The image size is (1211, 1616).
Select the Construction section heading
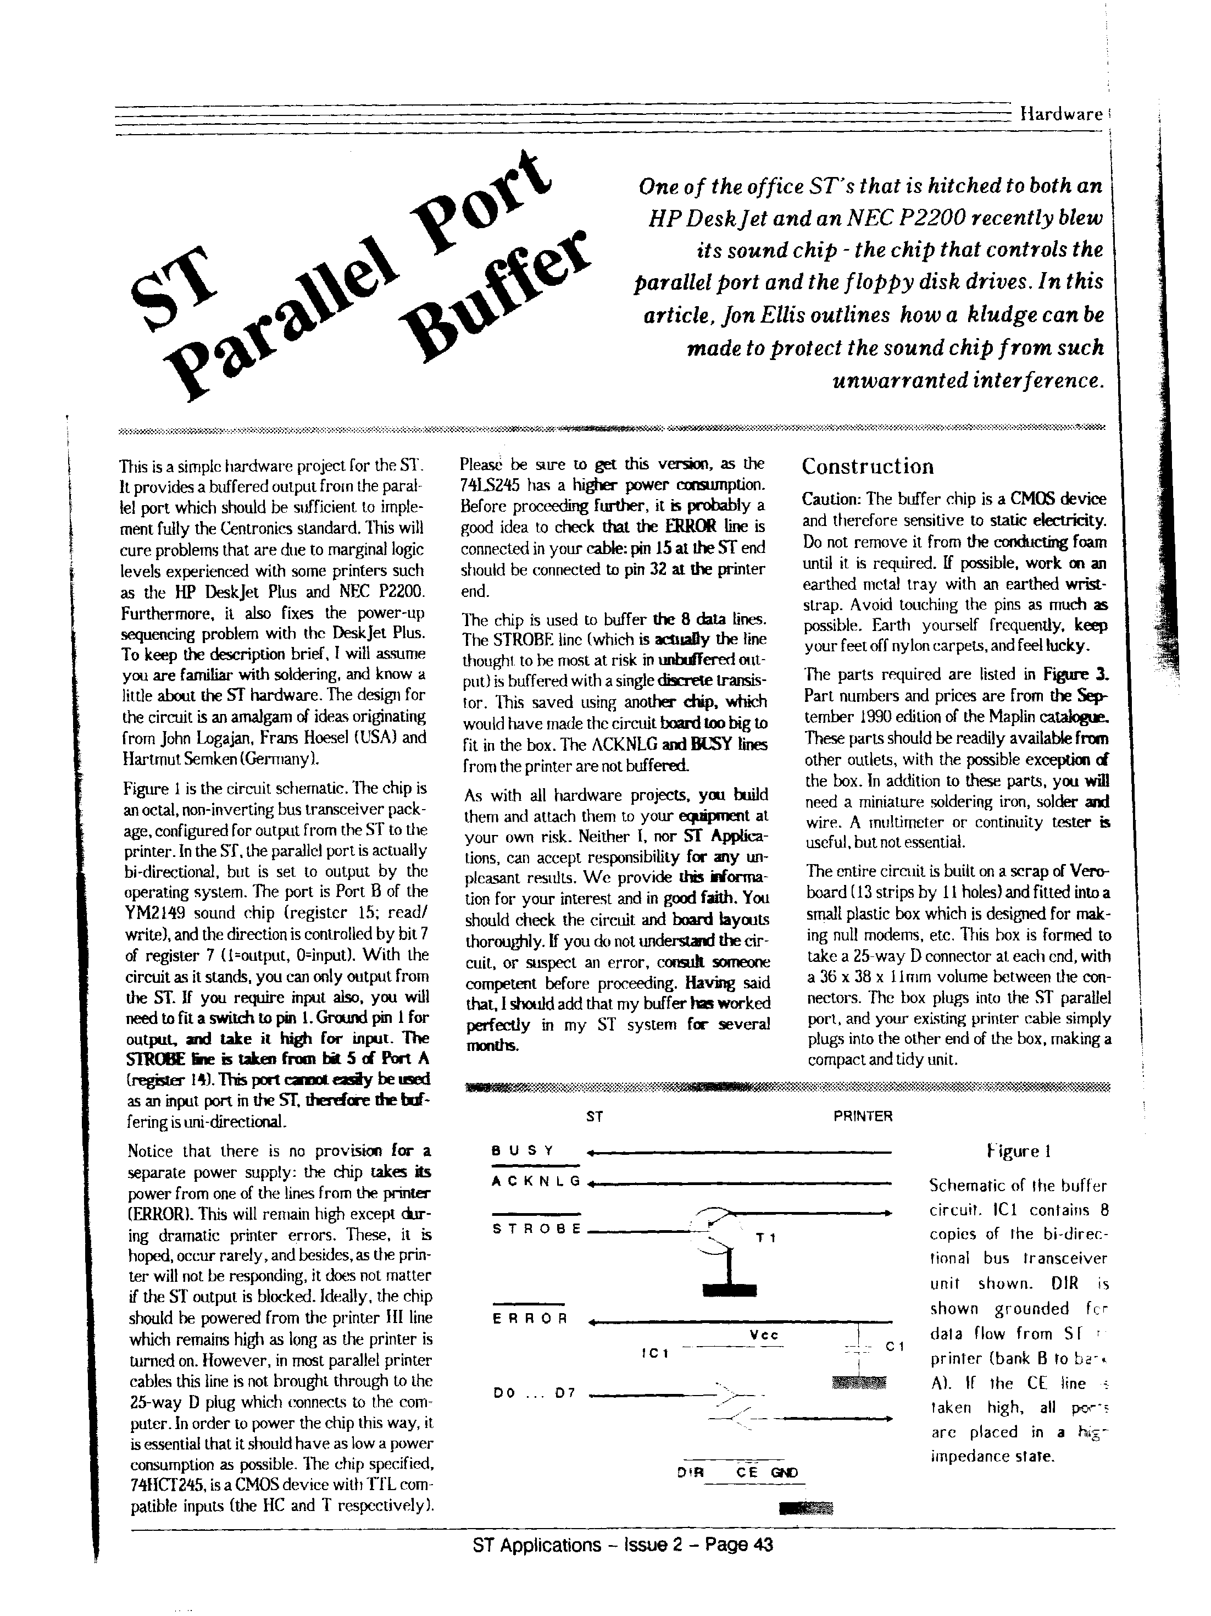coord(867,466)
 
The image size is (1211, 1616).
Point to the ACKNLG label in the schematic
coord(536,1181)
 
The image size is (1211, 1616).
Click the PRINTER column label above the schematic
coord(863,1116)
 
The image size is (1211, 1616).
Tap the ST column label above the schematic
coord(595,1116)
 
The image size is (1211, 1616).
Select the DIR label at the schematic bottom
coord(690,1473)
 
